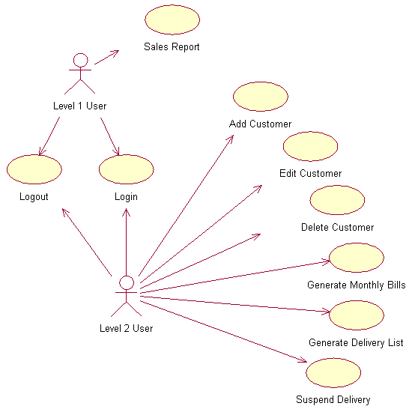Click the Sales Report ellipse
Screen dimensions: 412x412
[172, 19]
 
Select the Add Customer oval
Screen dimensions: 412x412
[261, 97]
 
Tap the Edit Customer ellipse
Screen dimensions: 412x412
[310, 146]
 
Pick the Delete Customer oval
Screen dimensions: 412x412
[337, 200]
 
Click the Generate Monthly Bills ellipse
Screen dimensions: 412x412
[357, 258]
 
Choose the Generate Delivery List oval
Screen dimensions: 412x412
[357, 315]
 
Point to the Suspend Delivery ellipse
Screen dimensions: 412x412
[333, 372]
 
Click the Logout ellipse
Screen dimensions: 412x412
[34, 169]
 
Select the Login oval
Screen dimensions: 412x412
[127, 169]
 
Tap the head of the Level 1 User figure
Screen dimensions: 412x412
[80, 60]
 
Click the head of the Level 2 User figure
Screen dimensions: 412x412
[127, 282]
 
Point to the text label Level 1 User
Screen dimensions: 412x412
[80, 106]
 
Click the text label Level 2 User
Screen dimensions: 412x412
[126, 328]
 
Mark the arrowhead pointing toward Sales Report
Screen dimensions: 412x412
[116, 53]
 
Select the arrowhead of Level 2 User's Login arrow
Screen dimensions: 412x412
[126, 212]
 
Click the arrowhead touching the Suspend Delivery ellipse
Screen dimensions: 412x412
[303, 360]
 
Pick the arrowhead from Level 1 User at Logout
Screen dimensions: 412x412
[41, 151]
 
